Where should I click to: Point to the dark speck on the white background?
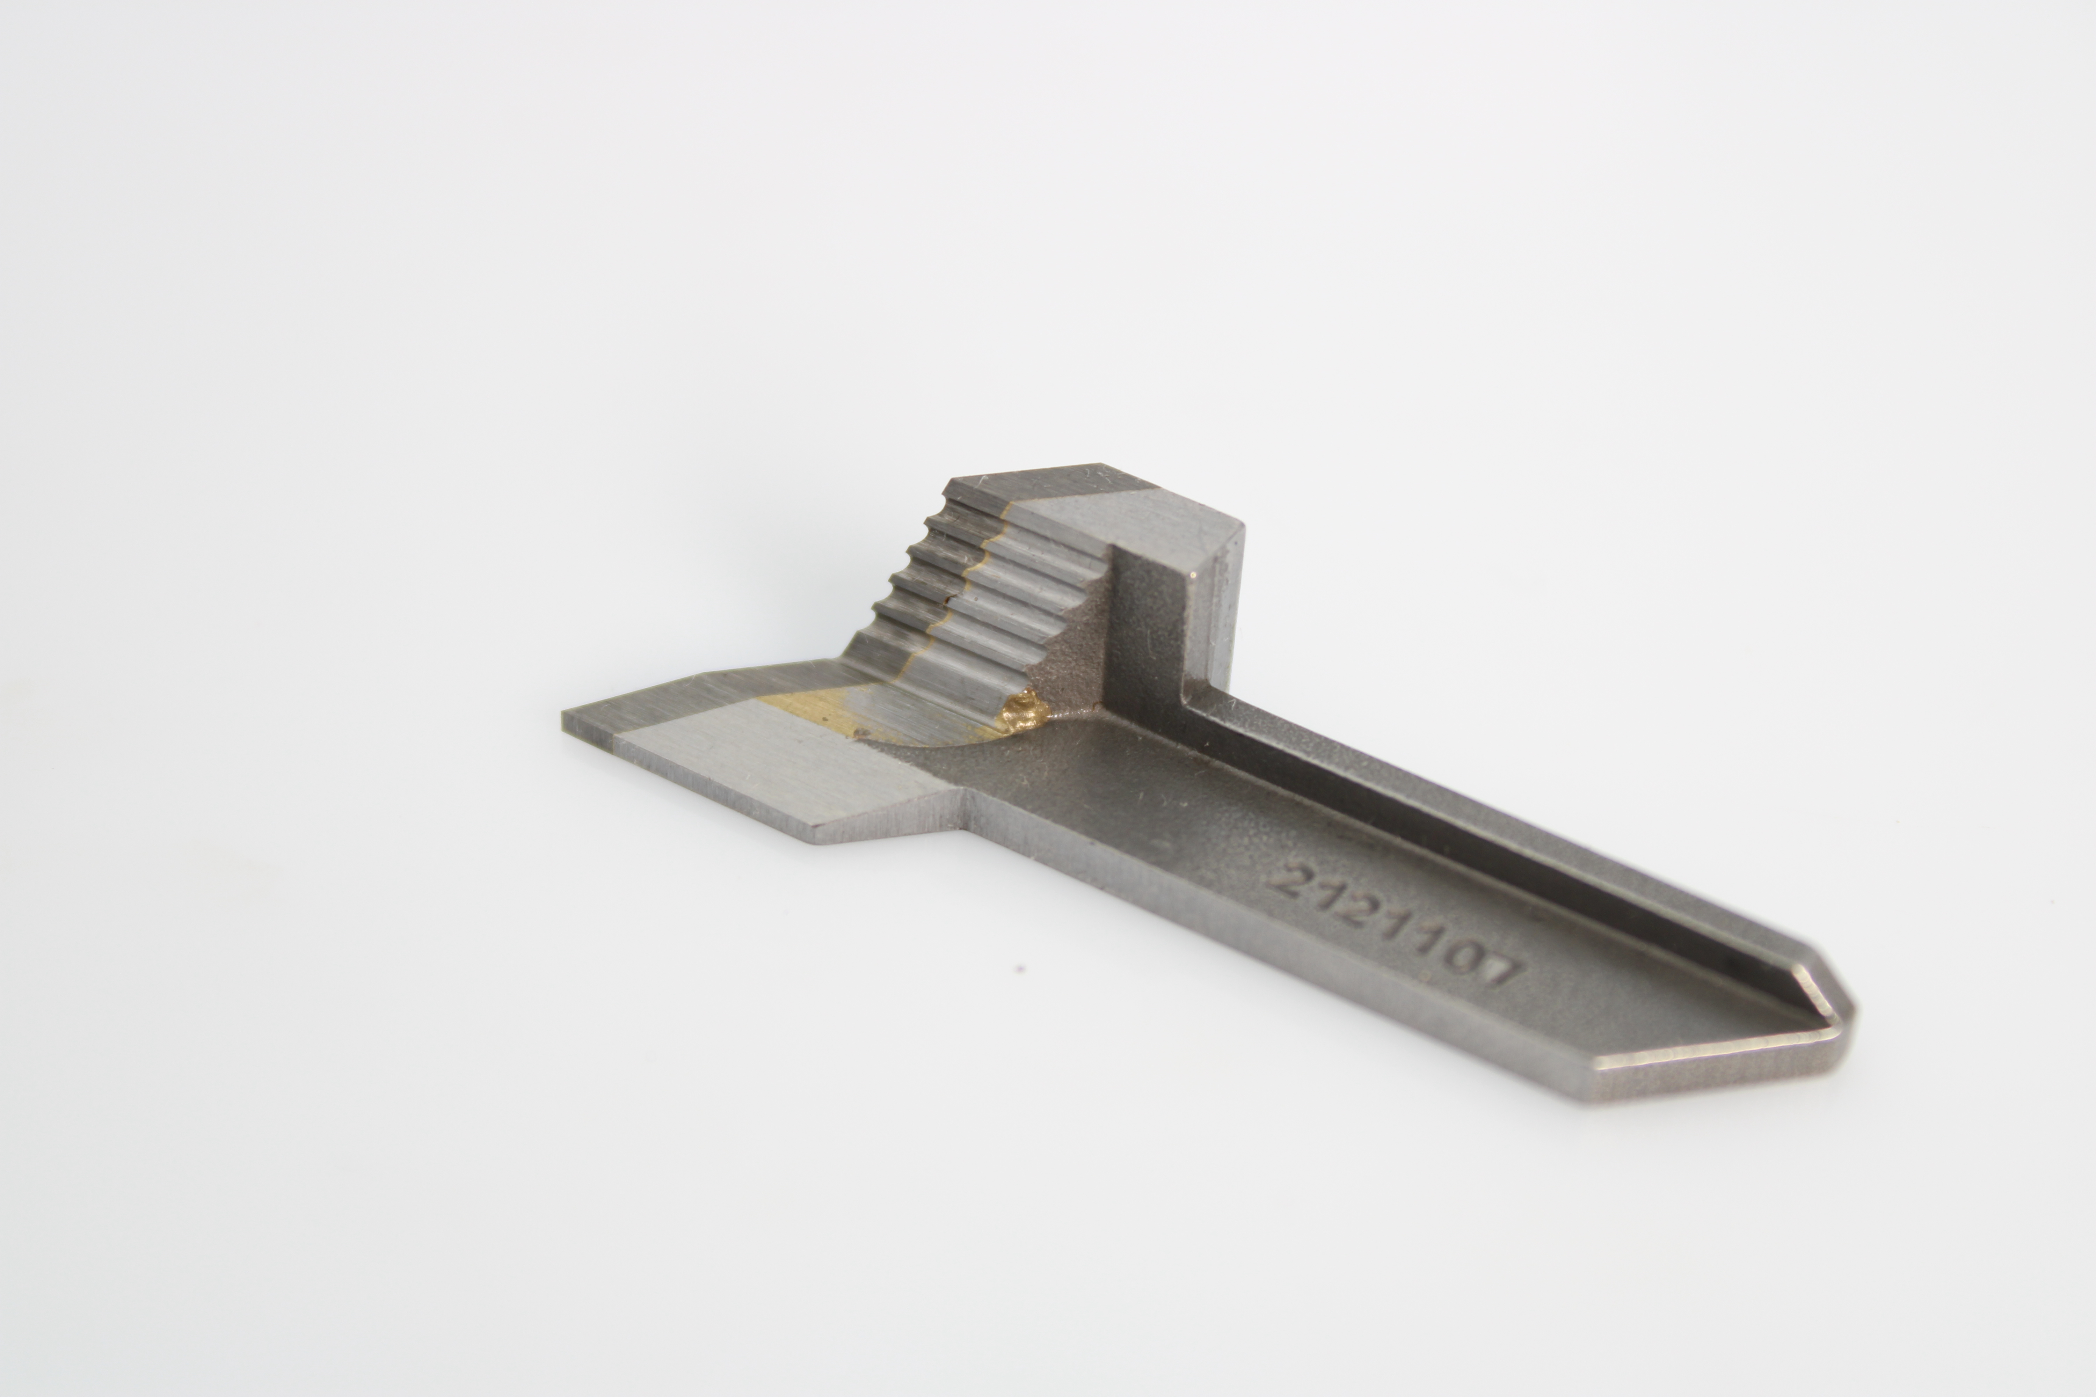click(1020, 968)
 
